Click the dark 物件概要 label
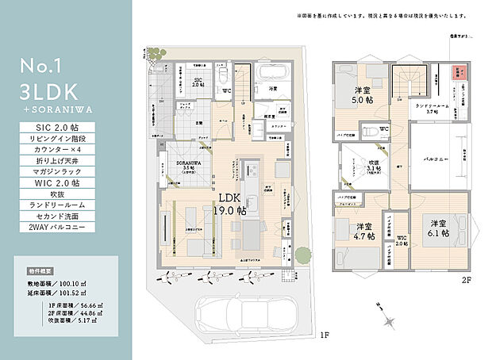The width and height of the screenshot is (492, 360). [40, 259]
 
